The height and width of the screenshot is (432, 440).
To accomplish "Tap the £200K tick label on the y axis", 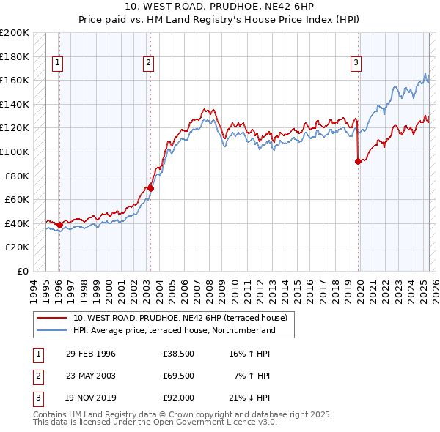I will (15, 32).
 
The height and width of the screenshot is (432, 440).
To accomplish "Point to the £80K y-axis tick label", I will (17, 176).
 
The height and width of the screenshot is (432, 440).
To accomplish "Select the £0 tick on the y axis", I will (23, 271).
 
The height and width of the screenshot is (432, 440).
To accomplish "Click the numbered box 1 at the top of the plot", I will (57, 63).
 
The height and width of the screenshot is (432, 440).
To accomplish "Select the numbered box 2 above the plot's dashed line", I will (148, 63).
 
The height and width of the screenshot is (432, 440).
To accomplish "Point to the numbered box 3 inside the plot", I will (356, 63).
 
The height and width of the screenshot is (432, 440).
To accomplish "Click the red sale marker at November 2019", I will (358, 162).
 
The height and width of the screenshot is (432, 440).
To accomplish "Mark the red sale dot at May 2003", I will (151, 188).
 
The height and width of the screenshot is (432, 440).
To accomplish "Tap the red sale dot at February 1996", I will (59, 225).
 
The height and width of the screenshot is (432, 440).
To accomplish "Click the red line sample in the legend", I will (52, 318).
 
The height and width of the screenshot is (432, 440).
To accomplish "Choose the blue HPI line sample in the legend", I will (52, 330).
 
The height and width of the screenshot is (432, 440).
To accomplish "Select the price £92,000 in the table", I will (179, 398).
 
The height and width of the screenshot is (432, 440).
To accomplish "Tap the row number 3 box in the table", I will (37, 398).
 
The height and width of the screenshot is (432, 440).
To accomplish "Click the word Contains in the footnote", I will (52, 414).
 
